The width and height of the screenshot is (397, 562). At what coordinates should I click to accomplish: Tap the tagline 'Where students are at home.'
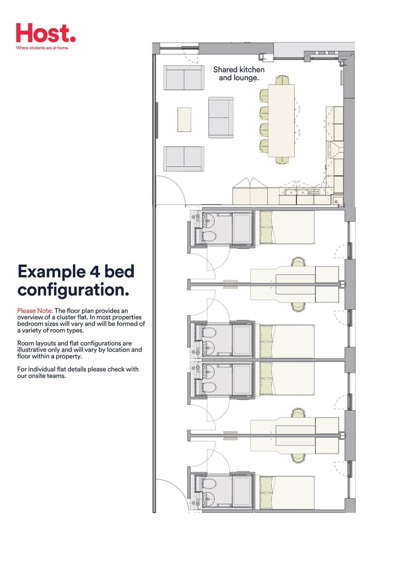42,48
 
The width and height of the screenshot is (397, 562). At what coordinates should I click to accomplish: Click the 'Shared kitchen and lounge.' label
239,73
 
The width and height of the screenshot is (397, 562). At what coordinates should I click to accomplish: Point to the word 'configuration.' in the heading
73,290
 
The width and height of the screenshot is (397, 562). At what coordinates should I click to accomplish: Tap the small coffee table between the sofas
184,119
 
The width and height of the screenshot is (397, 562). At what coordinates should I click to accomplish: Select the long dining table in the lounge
281,120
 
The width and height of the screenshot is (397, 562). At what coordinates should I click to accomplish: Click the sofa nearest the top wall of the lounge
184,78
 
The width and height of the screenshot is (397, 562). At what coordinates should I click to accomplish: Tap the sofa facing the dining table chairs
221,117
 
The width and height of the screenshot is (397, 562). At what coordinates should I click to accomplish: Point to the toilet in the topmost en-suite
209,236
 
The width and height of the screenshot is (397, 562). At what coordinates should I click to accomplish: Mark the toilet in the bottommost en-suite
209,484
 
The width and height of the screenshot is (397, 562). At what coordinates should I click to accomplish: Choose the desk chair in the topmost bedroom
298,262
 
